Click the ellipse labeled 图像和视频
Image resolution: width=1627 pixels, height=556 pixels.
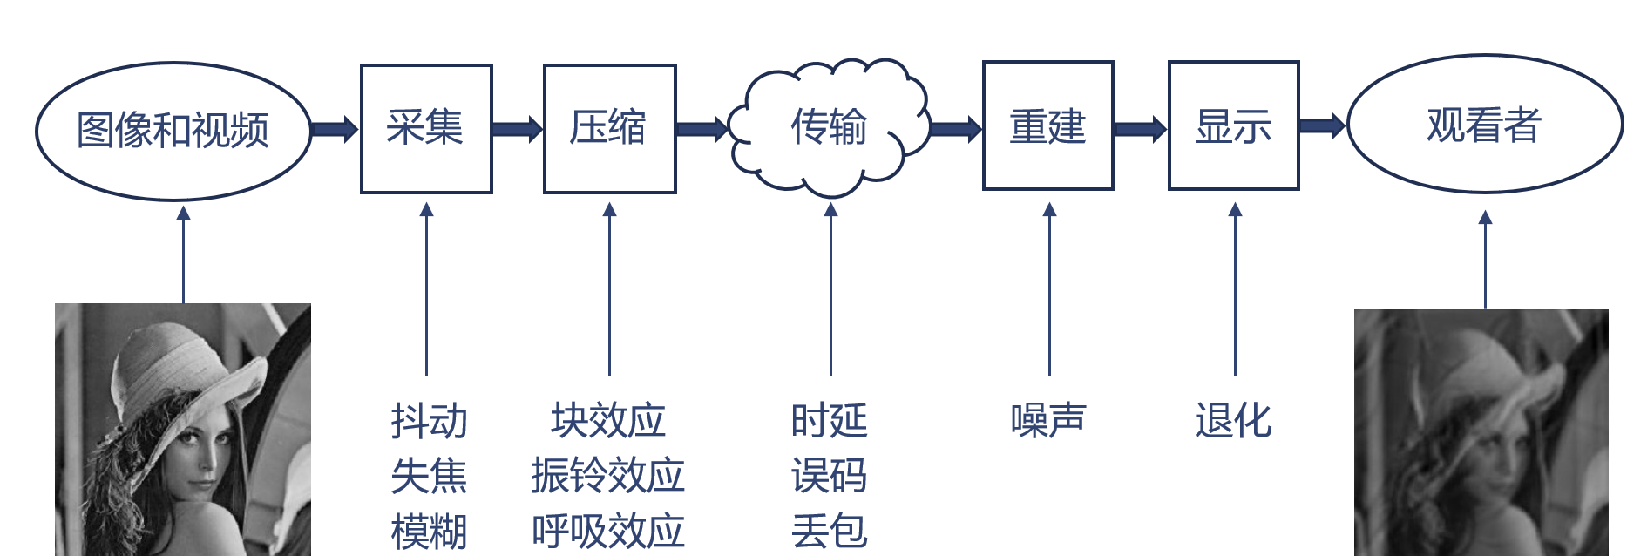click(x=173, y=131)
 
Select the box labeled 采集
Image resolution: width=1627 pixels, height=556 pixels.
click(x=426, y=128)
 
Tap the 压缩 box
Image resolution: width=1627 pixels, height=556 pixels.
click(x=609, y=128)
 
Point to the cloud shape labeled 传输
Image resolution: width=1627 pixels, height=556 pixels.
click(x=829, y=127)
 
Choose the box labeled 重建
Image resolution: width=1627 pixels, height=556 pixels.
click(x=1047, y=125)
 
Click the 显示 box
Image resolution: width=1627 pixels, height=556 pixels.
click(x=1233, y=125)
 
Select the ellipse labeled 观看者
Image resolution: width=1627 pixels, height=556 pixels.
click(x=1484, y=125)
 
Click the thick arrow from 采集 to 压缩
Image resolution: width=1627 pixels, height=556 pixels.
click(x=517, y=129)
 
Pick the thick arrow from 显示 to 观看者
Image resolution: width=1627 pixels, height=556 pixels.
click(x=1322, y=125)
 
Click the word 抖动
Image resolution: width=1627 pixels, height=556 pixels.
click(x=429, y=421)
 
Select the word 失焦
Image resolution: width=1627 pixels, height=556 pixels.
click(x=429, y=476)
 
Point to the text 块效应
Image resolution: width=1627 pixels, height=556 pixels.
click(x=608, y=421)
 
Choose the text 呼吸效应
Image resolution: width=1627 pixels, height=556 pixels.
click(x=608, y=531)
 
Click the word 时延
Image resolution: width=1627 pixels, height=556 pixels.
click(x=829, y=421)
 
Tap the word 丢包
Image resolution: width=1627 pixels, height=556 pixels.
click(x=829, y=531)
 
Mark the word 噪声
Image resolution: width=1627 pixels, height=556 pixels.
click(x=1048, y=421)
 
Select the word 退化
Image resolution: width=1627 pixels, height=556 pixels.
click(x=1233, y=421)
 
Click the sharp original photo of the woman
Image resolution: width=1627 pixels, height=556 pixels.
click(x=183, y=430)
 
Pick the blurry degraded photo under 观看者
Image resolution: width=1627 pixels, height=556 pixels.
click(x=1481, y=432)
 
